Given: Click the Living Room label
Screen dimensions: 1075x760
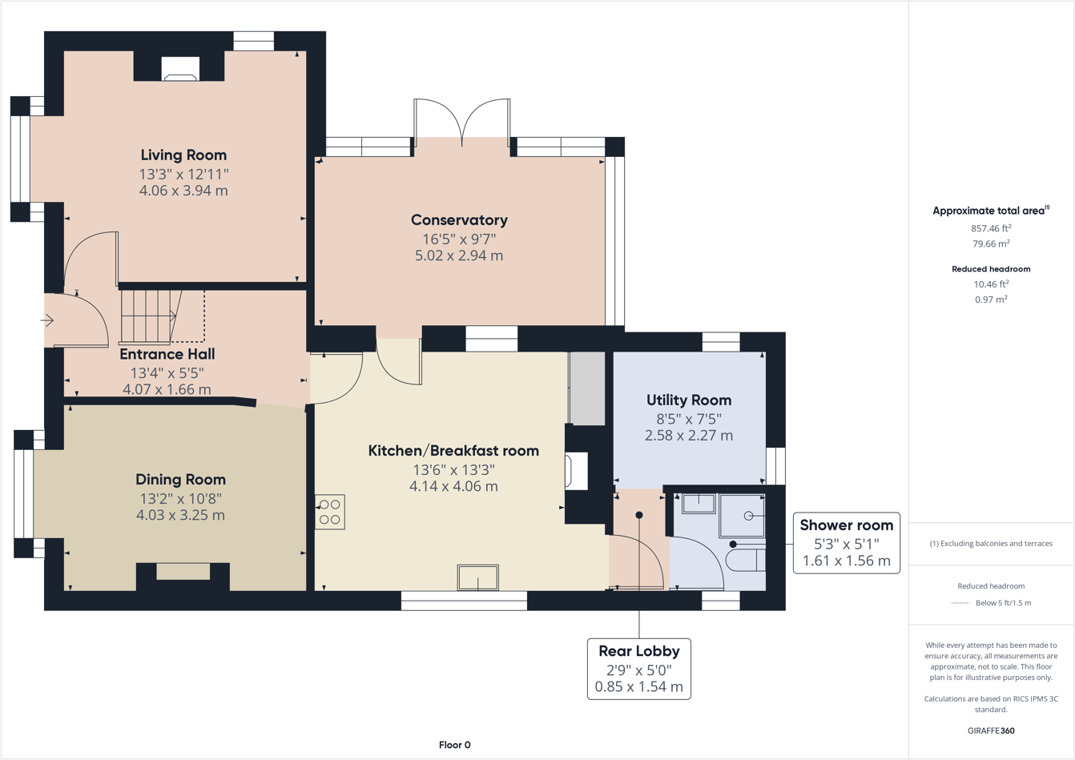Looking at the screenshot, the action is coord(183,155).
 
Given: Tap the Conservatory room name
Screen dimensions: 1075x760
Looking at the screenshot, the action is coord(459,219).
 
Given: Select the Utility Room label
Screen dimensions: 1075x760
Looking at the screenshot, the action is coord(689,400).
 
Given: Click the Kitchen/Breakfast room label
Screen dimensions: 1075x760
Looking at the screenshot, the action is coord(453,451).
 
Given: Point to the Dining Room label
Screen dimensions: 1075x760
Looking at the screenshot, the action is coord(180,480).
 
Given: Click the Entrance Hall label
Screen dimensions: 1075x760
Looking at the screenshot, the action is coord(167,354).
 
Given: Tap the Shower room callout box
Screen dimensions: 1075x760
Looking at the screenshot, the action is coord(847,543).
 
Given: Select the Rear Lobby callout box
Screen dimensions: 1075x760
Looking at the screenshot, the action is coord(638,669).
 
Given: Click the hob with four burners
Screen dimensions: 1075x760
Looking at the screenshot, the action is coord(330,512).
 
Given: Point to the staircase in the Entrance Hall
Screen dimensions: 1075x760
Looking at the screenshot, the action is coord(151,316).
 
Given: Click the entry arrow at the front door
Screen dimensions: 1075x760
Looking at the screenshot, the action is coord(46,320).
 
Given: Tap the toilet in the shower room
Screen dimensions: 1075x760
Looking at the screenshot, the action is coord(745,560).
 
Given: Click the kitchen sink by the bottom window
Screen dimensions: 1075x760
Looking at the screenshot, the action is coord(477,577).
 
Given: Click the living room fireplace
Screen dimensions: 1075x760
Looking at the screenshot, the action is coord(180,69).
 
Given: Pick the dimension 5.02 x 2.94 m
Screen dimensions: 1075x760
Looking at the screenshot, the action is coord(459,255).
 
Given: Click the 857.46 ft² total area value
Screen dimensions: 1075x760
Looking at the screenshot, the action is coord(991,228).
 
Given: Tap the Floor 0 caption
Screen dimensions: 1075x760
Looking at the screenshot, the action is coord(454,745).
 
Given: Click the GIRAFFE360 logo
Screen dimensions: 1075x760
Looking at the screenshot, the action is coord(991,730).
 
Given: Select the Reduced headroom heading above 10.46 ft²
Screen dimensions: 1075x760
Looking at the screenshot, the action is coord(991,269).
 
